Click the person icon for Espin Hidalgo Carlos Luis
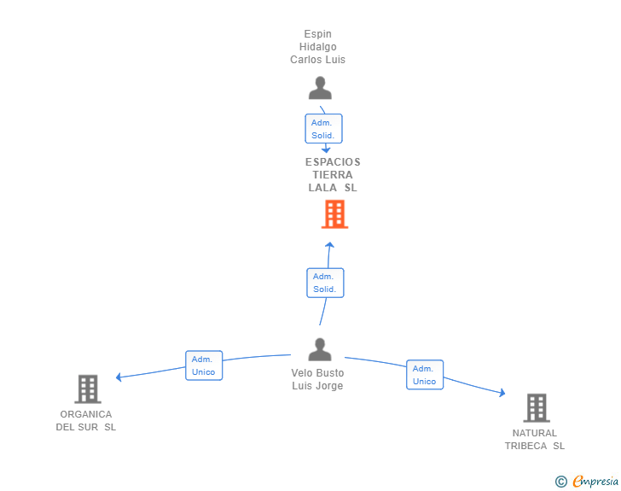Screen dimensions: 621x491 320,88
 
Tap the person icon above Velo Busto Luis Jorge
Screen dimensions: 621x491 320,349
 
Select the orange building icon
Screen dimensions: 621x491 334,214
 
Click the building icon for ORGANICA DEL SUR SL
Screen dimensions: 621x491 88,389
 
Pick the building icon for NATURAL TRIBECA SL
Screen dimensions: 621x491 537,407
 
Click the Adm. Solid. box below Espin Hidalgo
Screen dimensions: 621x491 323,128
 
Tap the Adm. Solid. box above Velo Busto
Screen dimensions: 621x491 325,283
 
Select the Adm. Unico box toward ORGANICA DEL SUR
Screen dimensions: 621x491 204,365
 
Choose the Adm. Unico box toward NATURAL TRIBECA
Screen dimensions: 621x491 425,375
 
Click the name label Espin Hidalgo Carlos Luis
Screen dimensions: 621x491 317,47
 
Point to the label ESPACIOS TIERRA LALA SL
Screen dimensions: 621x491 333,174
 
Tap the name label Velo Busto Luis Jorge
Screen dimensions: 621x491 317,379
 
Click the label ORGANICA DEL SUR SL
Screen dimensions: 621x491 86,420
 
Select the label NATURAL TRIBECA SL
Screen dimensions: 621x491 535,440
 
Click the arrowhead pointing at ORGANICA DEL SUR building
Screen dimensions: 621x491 119,377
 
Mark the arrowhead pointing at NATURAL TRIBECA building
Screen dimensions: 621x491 502,393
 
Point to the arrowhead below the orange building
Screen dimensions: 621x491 329,245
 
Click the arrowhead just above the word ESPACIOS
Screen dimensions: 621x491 326,149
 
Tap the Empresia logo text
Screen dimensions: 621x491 595,481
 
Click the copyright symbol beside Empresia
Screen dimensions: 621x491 560,482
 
